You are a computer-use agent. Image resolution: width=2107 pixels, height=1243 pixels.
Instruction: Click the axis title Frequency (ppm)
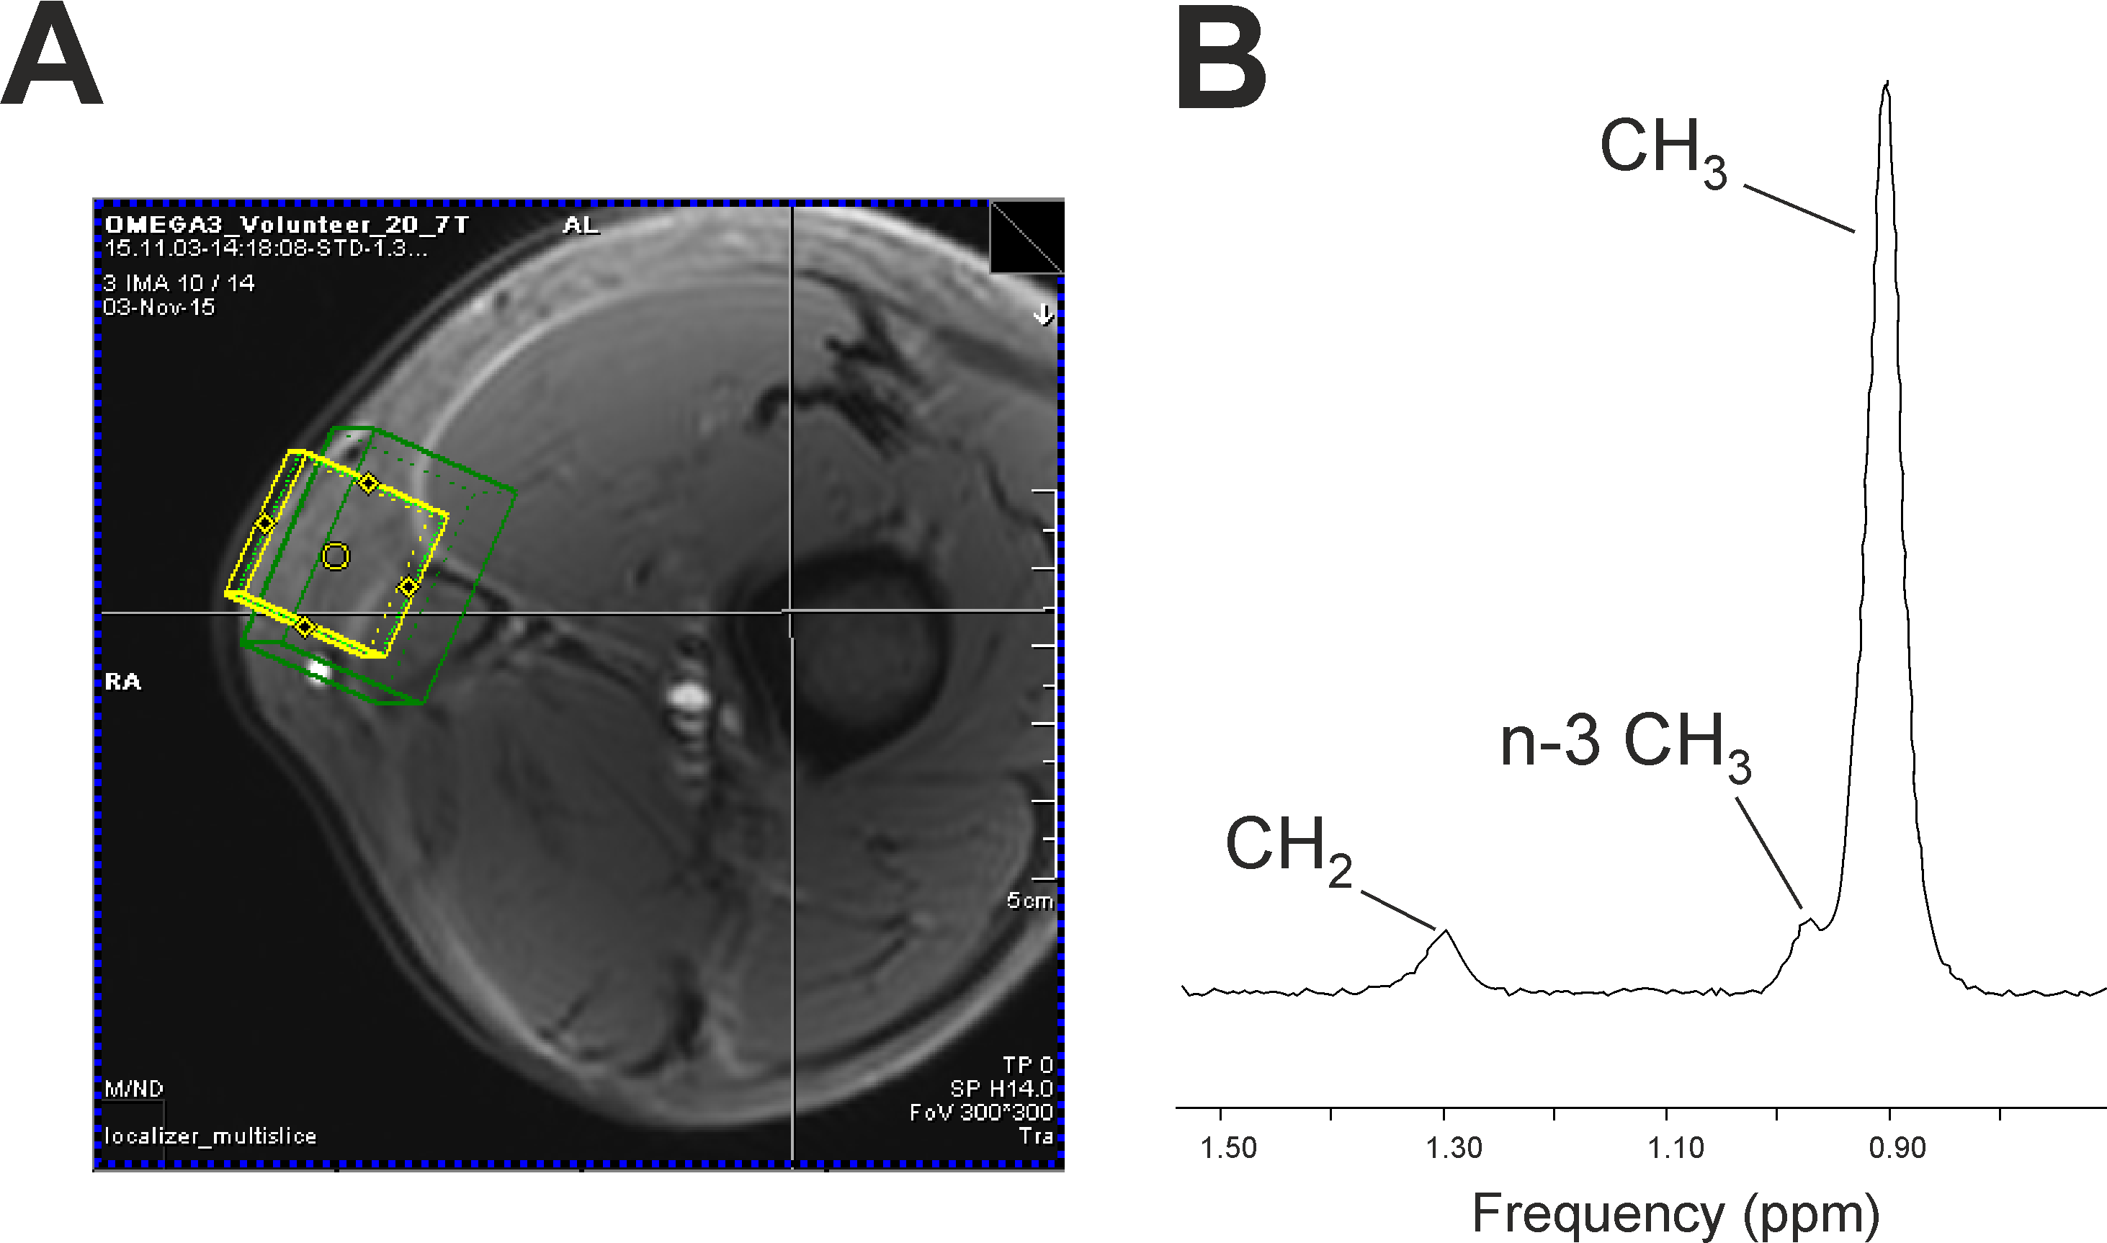1675,1212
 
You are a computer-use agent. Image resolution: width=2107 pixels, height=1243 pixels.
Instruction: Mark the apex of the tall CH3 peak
1886,83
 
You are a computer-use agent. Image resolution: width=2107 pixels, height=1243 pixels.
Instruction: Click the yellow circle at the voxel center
336,556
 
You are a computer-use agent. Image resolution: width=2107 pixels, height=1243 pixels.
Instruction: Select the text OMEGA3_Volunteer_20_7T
286,226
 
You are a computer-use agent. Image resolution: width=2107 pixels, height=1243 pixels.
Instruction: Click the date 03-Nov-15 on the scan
159,308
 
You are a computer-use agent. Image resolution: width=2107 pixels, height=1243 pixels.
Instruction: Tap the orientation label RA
123,682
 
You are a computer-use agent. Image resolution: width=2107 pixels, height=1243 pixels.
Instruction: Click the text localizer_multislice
210,1136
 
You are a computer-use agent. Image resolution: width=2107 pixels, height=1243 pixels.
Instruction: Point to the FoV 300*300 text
980,1113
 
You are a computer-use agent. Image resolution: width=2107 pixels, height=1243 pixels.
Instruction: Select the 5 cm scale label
1029,901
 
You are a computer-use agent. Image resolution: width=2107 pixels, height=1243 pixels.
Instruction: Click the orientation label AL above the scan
581,226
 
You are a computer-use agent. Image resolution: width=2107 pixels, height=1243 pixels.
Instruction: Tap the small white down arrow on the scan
1043,315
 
